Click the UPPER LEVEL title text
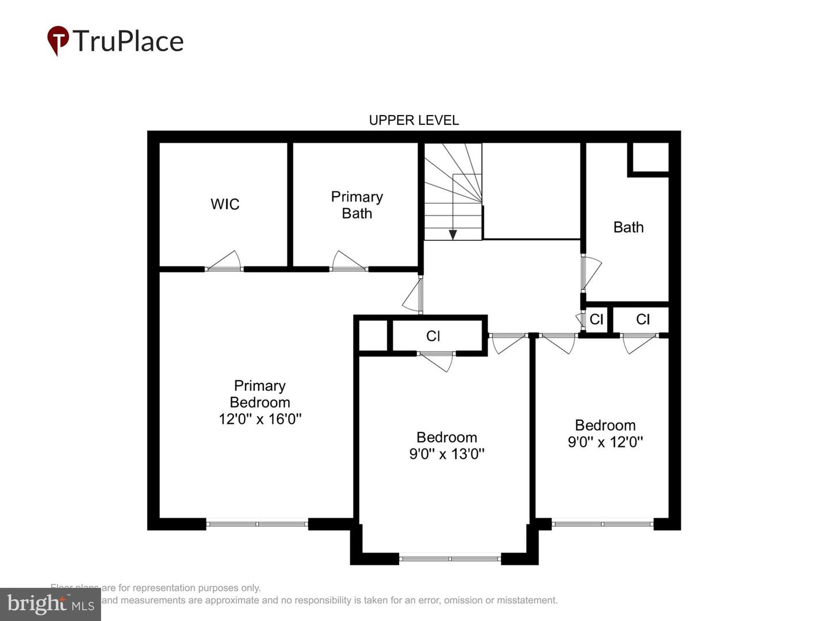point(413,120)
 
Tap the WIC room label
point(225,204)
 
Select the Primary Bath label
point(356,205)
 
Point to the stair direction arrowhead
point(453,235)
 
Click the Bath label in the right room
point(628,227)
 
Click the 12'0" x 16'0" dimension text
point(260,419)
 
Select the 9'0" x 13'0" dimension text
point(447,454)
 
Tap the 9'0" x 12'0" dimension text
point(605,442)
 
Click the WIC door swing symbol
point(224,262)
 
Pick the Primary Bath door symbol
point(348,262)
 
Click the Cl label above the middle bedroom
point(433,336)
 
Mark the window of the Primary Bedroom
point(257,524)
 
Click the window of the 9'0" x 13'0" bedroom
point(450,558)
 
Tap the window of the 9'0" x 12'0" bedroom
point(602,524)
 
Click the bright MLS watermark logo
point(50,604)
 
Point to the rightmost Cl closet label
point(642,320)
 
